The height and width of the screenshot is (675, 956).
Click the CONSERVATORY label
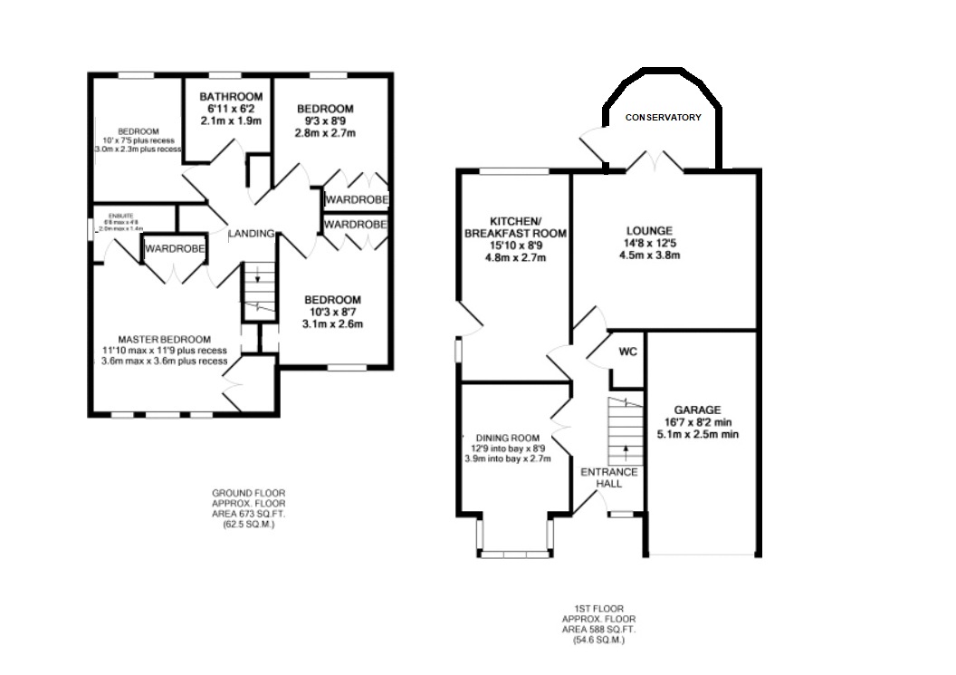point(664,118)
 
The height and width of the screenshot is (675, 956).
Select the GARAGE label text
point(697,410)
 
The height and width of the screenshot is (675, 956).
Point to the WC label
point(626,352)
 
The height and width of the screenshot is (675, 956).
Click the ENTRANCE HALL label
point(608,478)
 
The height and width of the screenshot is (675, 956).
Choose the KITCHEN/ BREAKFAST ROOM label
point(515,227)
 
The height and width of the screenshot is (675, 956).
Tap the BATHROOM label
point(231,97)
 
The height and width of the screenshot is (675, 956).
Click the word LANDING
point(251,234)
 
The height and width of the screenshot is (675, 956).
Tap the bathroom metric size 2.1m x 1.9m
point(231,121)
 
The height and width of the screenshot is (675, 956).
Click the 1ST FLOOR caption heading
point(599,609)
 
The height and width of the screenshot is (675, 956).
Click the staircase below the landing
point(258,291)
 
